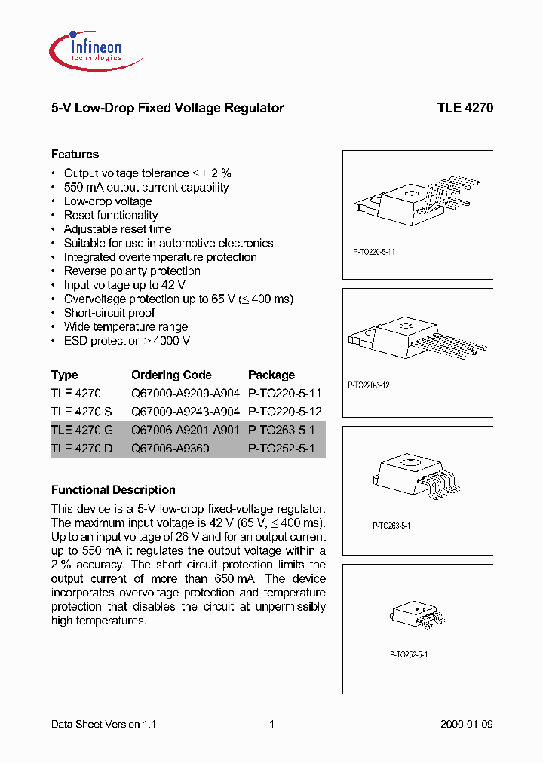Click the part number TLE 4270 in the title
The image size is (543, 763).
465,108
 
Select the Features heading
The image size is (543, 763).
75,154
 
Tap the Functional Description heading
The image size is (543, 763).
113,489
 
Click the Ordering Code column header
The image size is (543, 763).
171,375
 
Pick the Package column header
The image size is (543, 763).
271,375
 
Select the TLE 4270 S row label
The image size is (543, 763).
81,412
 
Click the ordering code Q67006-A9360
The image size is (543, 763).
170,449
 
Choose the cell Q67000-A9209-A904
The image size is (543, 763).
185,393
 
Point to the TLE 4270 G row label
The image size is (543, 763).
82,431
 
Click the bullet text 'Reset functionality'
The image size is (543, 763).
111,215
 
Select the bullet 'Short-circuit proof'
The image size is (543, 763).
109,313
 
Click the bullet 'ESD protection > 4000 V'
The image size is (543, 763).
127,341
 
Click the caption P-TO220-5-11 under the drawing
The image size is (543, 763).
374,252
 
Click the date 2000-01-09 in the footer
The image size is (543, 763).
466,724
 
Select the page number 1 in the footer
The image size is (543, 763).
271,724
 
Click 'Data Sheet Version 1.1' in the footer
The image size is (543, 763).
103,724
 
